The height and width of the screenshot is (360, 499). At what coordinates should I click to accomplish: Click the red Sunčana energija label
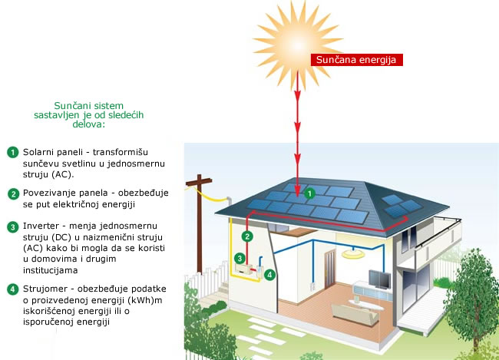357,60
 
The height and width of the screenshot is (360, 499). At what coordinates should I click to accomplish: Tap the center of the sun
297,45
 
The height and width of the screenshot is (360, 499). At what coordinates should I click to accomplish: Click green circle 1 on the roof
309,193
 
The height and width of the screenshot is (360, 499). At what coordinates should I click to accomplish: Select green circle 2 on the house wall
247,236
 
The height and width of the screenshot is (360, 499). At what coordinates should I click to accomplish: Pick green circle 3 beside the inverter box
240,259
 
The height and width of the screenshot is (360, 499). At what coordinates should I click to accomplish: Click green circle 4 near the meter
270,274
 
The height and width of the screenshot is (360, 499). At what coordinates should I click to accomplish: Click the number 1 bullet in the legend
13,152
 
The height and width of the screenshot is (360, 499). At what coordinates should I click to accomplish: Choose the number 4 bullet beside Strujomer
13,289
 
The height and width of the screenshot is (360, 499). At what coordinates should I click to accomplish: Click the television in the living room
380,279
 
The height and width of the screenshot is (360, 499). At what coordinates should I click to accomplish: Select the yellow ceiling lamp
353,253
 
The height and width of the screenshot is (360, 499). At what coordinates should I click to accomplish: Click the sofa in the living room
355,314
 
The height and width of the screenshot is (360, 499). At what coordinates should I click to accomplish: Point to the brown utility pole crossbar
199,183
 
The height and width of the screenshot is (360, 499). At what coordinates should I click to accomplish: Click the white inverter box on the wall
244,268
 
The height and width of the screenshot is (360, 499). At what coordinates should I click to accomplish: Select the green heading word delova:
89,124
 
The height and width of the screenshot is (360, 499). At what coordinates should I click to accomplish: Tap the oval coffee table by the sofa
366,305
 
